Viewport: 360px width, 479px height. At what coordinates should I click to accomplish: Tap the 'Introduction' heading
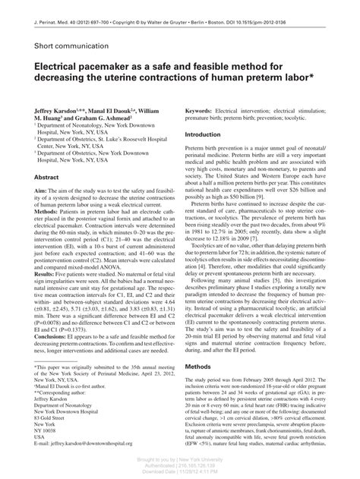(x=208, y=135)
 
